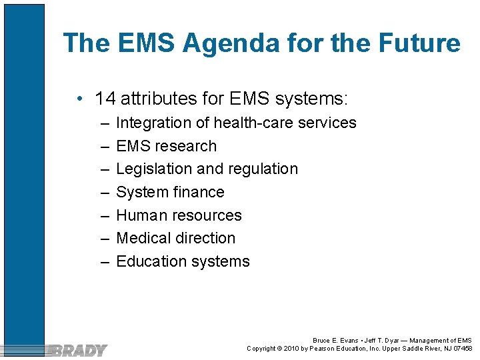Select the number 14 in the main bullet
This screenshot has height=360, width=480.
pyautogui.click(x=105, y=99)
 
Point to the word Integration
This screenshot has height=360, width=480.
pyautogui.click(x=154, y=123)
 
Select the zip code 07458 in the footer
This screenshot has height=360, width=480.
pyautogui.click(x=461, y=348)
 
